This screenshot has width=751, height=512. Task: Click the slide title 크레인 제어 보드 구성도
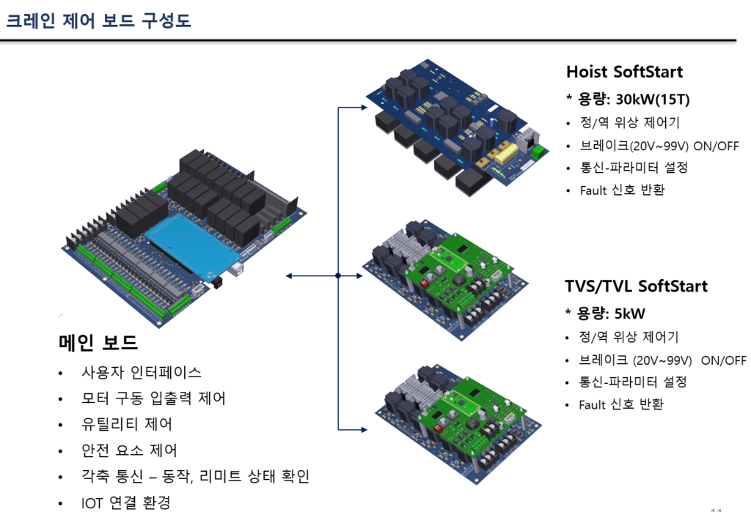98,21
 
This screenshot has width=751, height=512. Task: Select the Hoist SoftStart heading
624,72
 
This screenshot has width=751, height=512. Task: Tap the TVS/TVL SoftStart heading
636,286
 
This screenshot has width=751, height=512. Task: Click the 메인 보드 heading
98,343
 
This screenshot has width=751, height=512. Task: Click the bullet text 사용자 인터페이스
141,372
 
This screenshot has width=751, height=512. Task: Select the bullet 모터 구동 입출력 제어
153,398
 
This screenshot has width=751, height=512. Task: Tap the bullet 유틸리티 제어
127,424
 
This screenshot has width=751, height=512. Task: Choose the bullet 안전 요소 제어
129,450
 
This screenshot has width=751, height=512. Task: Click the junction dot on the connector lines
338,276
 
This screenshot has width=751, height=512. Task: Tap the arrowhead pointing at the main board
290,276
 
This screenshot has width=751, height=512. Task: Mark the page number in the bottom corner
716,508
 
